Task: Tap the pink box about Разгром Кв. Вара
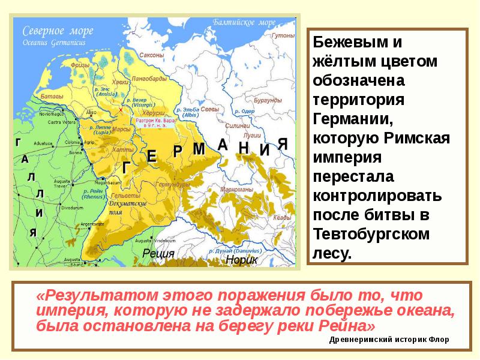(154, 123)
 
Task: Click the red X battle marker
(120, 110)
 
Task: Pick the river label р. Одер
(245, 111)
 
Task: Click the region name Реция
(158, 254)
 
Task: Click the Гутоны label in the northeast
(283, 35)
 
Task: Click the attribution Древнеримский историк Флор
(389, 340)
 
